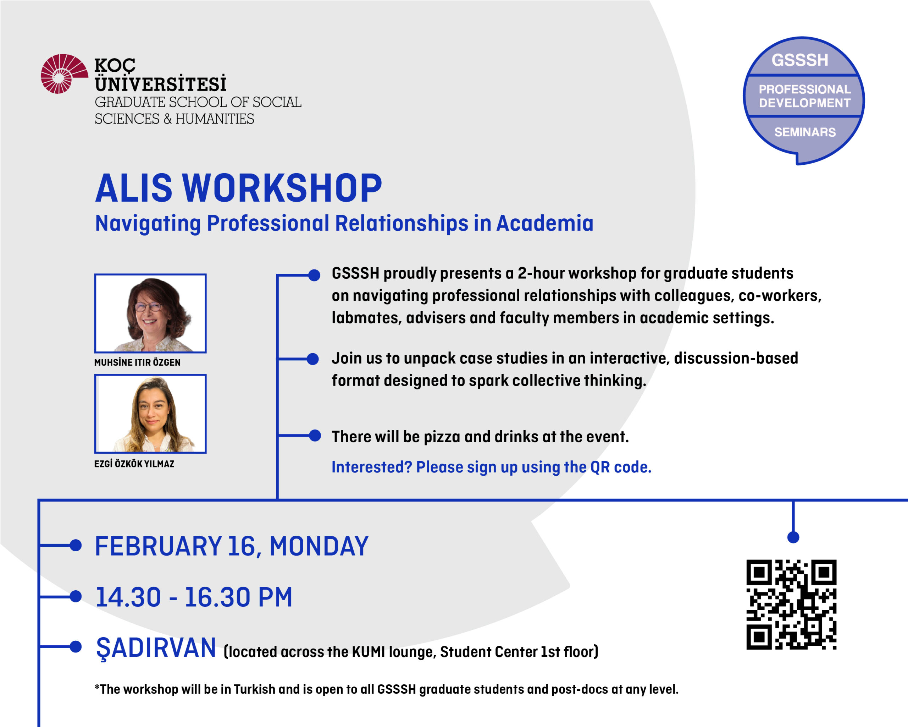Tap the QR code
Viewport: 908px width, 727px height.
pos(791,605)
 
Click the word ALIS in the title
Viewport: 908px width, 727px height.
pos(134,188)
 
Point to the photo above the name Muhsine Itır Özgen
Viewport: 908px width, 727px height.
pos(150,313)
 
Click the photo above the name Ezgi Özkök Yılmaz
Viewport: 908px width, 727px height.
pos(150,414)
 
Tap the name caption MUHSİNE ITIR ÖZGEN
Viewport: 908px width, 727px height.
pos(137,362)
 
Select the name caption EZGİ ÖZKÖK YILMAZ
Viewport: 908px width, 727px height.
pos(134,464)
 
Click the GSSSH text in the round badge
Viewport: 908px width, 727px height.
pos(800,60)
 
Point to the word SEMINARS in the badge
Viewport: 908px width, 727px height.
pos(805,132)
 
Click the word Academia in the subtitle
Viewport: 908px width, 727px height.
pos(545,223)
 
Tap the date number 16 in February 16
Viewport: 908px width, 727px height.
pos(242,546)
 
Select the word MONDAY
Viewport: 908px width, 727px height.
pos(319,546)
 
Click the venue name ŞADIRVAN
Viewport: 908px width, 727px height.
pos(156,648)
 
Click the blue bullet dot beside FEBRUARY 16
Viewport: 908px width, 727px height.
pos(76,545)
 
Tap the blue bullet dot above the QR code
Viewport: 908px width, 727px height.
pos(793,537)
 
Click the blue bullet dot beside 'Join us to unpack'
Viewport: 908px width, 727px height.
pos(312,359)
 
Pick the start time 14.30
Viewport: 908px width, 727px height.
pos(128,597)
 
